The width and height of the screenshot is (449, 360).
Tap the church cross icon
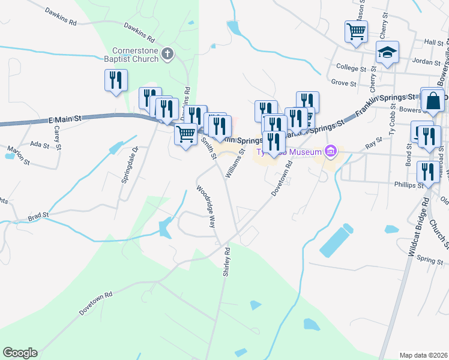coord(167,55)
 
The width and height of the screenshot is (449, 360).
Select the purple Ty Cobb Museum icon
coord(330,152)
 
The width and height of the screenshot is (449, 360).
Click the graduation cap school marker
coord(388,52)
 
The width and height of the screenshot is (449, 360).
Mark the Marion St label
coord(18,154)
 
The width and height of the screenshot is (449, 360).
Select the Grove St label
coord(343,82)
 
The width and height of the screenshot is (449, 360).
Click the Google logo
coord(20,353)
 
